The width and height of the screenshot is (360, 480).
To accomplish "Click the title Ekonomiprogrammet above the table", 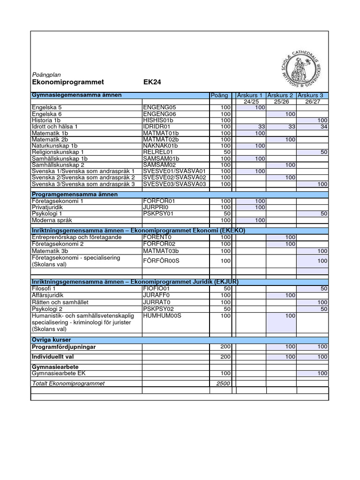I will (x=67, y=82).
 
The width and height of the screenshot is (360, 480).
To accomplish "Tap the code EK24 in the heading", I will (x=152, y=82).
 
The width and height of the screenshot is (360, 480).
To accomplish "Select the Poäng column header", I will (x=219, y=95).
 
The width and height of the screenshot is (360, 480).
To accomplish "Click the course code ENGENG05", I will (x=160, y=108).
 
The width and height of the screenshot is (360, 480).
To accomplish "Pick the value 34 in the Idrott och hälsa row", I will (x=323, y=127).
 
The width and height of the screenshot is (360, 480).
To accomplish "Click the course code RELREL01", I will (x=158, y=152).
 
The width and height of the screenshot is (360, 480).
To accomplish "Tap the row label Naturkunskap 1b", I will (x=54, y=146).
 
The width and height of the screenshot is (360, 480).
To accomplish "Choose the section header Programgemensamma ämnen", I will (x=75, y=194).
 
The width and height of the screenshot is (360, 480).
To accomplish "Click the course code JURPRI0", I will (x=155, y=207).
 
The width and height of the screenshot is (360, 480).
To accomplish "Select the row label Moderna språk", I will (x=52, y=220).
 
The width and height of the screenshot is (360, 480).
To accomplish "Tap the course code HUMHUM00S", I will (x=162, y=316).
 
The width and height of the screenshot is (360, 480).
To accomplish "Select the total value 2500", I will (x=223, y=383).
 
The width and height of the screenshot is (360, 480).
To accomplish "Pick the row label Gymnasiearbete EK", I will (x=59, y=373).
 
